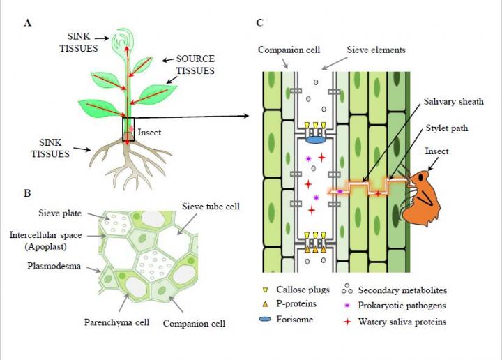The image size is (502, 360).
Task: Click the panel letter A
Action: pyautogui.click(x=27, y=22)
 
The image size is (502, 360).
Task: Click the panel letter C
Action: pyautogui.click(x=259, y=22)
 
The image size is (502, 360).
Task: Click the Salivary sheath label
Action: pyautogui.click(x=453, y=102)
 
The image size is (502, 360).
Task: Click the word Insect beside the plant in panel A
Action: pyautogui.click(x=150, y=131)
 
